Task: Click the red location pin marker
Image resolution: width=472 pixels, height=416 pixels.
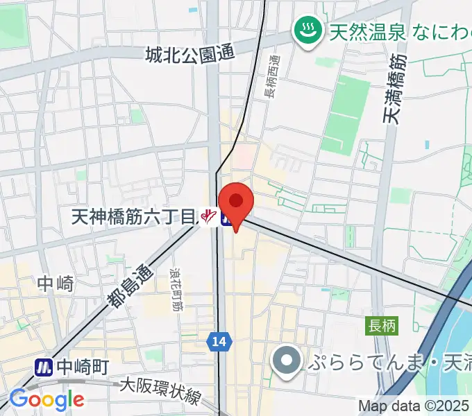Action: click(x=236, y=202)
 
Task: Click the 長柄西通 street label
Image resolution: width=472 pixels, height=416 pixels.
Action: click(x=270, y=76)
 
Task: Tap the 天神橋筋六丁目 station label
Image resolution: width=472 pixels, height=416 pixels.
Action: click(x=134, y=217)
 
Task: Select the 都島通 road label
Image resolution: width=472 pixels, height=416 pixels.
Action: click(x=130, y=285)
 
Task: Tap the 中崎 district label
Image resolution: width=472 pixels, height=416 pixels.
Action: click(x=55, y=283)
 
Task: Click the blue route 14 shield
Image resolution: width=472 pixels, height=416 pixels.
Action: click(x=218, y=340)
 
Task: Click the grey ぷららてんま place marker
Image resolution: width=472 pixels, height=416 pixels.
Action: click(x=285, y=361)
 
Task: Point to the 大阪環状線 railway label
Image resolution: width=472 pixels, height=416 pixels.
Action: click(x=161, y=390)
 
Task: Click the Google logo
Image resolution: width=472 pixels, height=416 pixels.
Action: click(x=47, y=399)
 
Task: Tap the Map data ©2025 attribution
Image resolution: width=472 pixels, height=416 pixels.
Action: click(x=414, y=406)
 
